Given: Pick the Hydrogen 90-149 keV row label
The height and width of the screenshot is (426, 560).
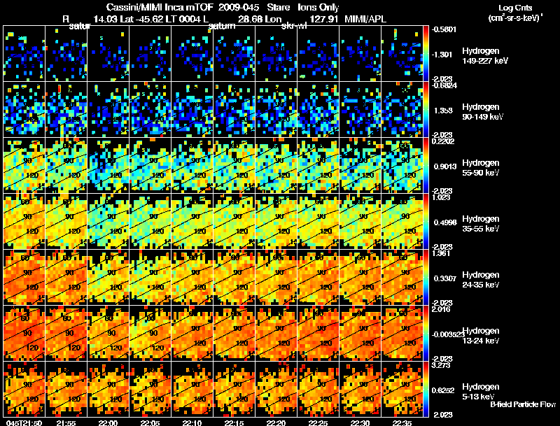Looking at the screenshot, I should point(483,112).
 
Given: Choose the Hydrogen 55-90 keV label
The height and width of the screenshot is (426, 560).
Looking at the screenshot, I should point(482,168).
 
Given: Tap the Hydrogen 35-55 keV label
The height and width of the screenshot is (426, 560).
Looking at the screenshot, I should point(482,224).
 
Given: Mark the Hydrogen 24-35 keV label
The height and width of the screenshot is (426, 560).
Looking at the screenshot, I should point(482,280).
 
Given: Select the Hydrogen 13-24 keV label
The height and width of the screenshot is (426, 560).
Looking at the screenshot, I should point(482,336).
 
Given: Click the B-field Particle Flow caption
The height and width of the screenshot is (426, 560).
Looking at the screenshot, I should point(523,404).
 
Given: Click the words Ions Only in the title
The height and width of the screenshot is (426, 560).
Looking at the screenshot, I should point(318,7).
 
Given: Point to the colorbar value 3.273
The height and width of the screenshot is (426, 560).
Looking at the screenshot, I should point(442,364).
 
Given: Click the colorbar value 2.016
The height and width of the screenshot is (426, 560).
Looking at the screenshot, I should point(442,308).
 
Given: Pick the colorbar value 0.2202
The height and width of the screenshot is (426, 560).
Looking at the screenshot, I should point(444,141).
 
